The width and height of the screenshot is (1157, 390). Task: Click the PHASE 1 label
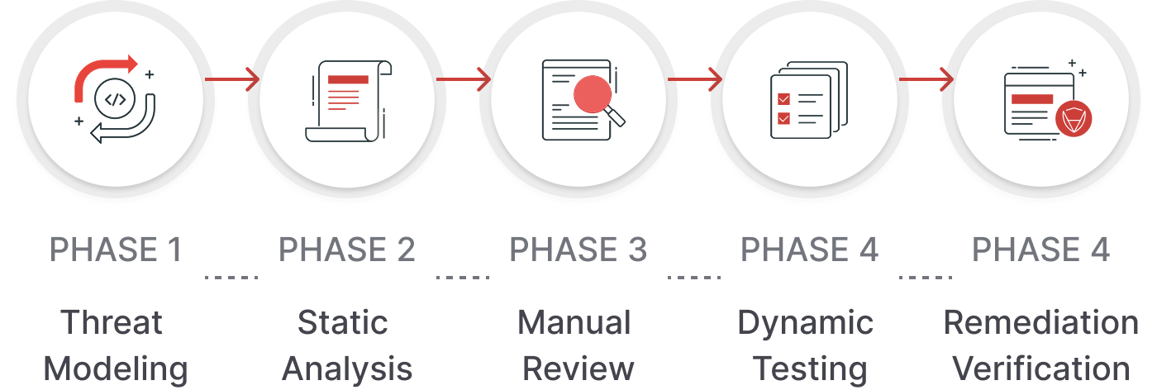tap(116, 250)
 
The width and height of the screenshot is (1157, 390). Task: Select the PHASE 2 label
tap(347, 250)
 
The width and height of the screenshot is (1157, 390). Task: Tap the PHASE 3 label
tap(578, 250)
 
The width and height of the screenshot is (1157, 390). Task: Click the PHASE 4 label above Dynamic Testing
tap(809, 250)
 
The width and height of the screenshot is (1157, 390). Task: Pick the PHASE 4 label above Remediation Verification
tap(1040, 250)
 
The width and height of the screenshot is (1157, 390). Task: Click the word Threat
tap(112, 322)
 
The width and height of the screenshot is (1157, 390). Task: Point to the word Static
tap(342, 322)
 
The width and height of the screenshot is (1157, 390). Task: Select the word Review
tap(578, 368)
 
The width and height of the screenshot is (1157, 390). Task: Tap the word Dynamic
tap(805, 322)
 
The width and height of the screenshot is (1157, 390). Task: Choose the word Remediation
tap(1040, 322)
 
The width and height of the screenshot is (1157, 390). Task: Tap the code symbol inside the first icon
tap(115, 100)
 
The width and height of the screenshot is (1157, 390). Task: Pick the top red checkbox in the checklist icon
tap(783, 99)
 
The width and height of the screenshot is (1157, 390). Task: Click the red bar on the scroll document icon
tap(348, 80)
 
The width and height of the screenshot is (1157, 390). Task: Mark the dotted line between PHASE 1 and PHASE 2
tap(231, 278)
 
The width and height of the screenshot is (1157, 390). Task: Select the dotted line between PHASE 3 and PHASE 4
tap(694, 278)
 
